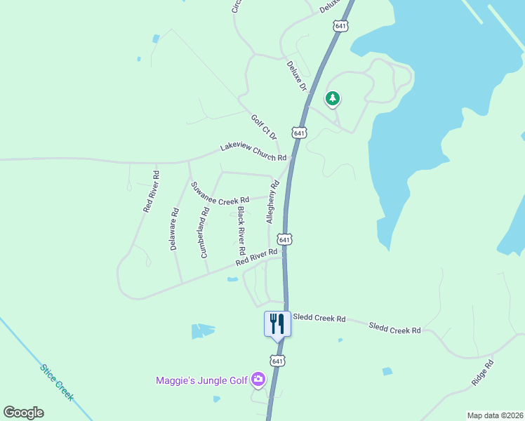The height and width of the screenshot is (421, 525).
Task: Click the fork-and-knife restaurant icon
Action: [x=277, y=323]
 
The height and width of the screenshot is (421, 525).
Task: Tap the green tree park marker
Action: [x=333, y=98]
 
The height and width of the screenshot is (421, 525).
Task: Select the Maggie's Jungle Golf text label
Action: [x=201, y=380]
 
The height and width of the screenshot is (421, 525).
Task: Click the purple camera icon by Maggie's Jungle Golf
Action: [x=258, y=380]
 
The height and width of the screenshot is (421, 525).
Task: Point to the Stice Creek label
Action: [x=56, y=382]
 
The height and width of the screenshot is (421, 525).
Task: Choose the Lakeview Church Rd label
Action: [x=253, y=152]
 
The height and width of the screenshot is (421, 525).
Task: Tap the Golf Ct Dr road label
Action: [x=265, y=127]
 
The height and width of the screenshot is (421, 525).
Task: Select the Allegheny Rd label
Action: [x=272, y=202]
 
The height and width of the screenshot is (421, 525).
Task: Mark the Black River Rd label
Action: [x=241, y=230]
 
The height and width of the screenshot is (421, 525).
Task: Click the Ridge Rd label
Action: [x=484, y=373]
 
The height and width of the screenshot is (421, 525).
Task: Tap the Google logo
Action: [x=23, y=413]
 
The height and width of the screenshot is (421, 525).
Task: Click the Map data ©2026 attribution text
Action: [x=494, y=415]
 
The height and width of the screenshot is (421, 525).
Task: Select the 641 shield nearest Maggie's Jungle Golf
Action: [x=278, y=361]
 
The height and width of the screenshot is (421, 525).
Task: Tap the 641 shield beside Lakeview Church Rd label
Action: [x=300, y=133]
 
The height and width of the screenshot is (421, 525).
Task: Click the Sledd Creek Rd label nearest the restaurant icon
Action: [x=319, y=319]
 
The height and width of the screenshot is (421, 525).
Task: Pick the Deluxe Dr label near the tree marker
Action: [x=297, y=76]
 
